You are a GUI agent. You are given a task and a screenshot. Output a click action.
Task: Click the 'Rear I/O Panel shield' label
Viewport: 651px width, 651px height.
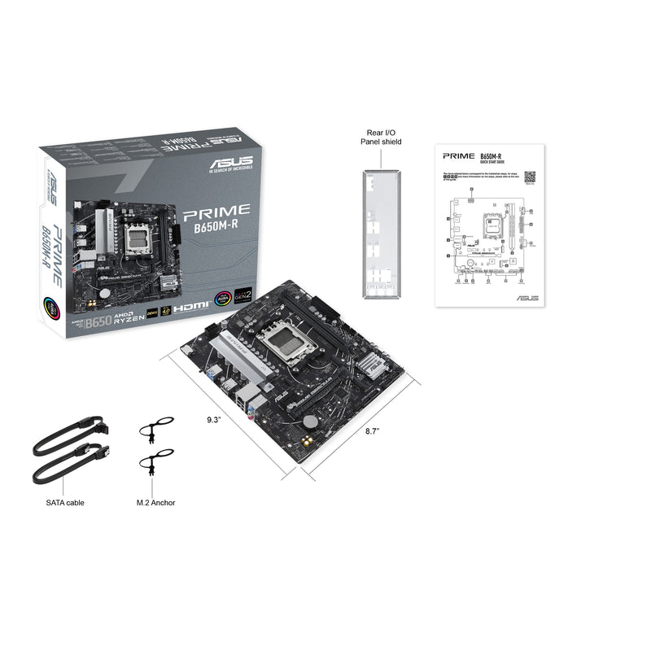tap(382, 137)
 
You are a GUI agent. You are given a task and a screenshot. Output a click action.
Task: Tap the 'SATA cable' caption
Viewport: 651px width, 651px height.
tap(65, 502)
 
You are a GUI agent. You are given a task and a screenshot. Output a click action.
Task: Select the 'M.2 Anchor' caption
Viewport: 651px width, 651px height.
tap(156, 502)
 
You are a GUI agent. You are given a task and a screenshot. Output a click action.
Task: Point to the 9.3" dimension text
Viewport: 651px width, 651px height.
tap(213, 420)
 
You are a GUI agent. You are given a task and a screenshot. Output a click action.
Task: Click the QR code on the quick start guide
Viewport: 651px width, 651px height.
tap(530, 176)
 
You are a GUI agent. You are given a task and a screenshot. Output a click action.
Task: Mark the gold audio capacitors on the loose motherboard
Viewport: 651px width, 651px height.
tap(305, 439)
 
